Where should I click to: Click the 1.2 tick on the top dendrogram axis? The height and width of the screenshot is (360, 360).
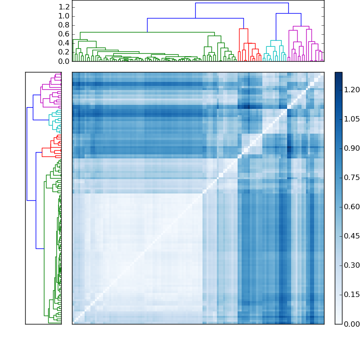(64, 7)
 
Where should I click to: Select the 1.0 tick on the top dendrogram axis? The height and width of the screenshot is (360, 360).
(64, 16)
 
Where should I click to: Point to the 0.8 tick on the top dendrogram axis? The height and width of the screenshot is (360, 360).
(64, 25)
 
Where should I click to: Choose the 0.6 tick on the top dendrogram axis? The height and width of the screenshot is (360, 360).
(64, 34)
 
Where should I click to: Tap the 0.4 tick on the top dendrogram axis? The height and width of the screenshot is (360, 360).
(64, 43)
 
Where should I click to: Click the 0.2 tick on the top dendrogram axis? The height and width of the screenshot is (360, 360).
(64, 52)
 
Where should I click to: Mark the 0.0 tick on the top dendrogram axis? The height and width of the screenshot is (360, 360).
(64, 61)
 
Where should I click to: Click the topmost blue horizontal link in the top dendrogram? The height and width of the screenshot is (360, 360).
(242, 3)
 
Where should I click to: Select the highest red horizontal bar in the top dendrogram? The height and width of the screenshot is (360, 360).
(243, 29)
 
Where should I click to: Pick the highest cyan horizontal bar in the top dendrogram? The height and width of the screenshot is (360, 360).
(276, 40)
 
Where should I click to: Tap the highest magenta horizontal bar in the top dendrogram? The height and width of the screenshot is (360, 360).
(301, 27)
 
